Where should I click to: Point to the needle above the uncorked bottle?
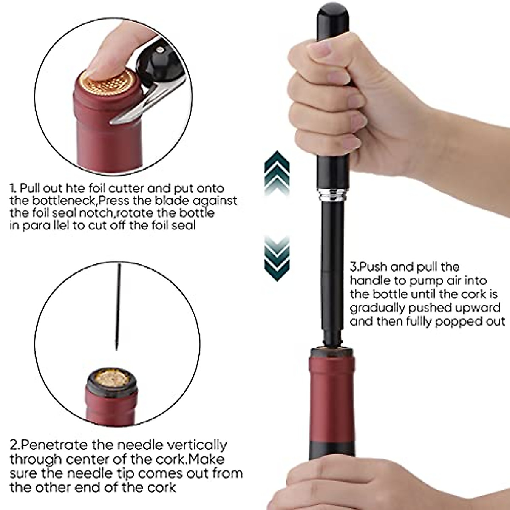[x=118, y=306]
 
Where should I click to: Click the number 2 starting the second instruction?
[x=14, y=445]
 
